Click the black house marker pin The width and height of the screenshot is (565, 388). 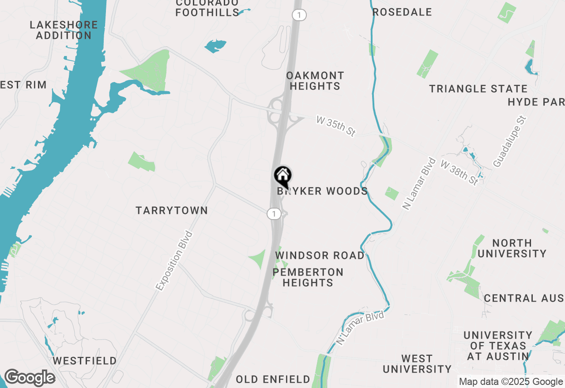click(282, 176)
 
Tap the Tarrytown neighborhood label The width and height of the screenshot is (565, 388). click(172, 210)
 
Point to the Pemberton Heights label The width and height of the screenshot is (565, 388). click(308, 277)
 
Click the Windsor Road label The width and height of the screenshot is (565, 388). click(320, 256)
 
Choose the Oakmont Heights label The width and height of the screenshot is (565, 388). click(315, 81)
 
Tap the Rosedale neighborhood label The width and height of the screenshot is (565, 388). click(402, 12)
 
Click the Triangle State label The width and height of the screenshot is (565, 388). click(478, 89)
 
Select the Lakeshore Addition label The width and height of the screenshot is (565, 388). click(64, 30)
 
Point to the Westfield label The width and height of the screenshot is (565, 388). click(85, 361)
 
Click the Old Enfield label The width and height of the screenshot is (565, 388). click(273, 379)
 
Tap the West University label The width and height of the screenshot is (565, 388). click(417, 364)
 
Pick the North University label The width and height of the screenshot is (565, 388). click(512, 248)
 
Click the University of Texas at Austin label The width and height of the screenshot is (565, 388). click(498, 346)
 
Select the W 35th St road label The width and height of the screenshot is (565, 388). click(335, 127)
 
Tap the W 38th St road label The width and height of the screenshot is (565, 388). click(460, 173)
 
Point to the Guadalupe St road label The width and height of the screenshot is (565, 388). click(510, 142)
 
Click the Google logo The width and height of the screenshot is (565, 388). click(30, 378)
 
